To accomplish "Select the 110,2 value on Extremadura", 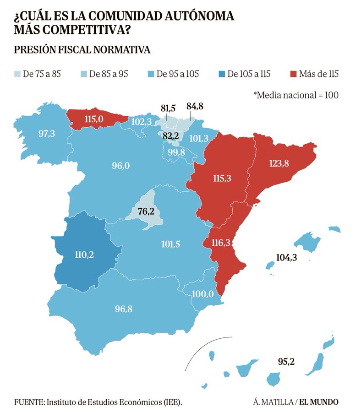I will (x=83, y=254).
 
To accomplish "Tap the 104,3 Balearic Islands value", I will (x=287, y=258).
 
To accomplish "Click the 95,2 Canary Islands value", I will (x=286, y=362).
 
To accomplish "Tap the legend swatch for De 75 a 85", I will (x=17, y=74).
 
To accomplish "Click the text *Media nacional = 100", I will (x=295, y=95).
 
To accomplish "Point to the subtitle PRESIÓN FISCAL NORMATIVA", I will (x=82, y=49).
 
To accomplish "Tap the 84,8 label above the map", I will (x=195, y=107).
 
